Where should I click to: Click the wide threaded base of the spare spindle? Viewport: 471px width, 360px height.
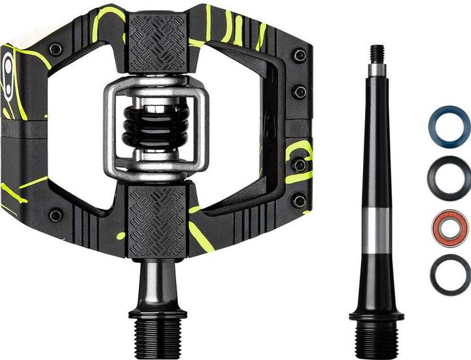tap(376, 340)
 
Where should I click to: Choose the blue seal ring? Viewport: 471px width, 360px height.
tap(449, 127)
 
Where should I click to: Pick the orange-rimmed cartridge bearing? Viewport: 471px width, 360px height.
tap(449, 228)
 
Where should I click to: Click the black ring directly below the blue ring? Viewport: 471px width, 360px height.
tap(449, 177)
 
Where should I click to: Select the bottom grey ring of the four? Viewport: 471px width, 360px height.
tap(449, 275)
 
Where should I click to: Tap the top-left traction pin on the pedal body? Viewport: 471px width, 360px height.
tap(56, 49)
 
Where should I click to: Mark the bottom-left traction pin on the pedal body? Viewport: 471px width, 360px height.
tap(56, 214)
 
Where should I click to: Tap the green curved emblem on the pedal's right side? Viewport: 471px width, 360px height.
tap(298, 160)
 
